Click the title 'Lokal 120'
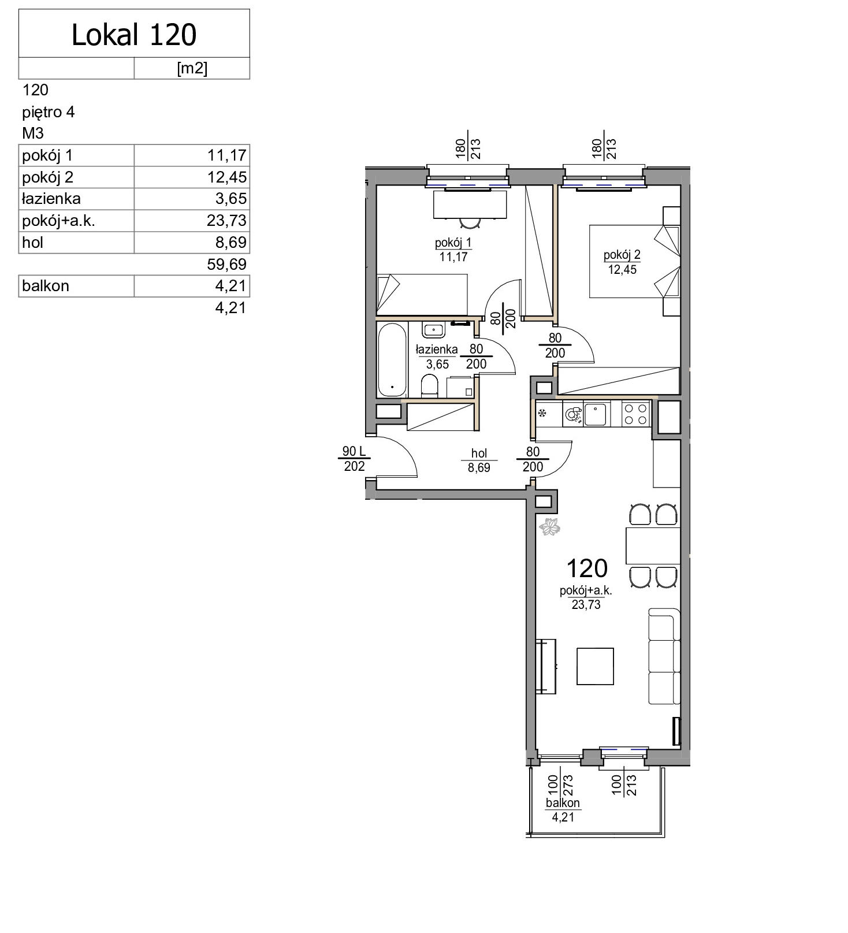click(134, 35)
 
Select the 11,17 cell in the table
click(227, 155)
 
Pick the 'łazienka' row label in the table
click(51, 199)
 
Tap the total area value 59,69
click(227, 265)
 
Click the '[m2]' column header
click(192, 68)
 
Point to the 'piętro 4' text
click(49, 112)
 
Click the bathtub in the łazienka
click(392, 359)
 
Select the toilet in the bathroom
click(429, 386)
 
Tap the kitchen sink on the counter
click(595, 414)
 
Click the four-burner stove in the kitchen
click(635, 414)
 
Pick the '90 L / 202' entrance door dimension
click(354, 459)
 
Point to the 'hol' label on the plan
click(479, 454)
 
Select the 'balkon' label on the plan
click(563, 803)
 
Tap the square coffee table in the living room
click(595, 666)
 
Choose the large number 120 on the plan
click(587, 568)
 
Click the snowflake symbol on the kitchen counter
click(542, 413)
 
